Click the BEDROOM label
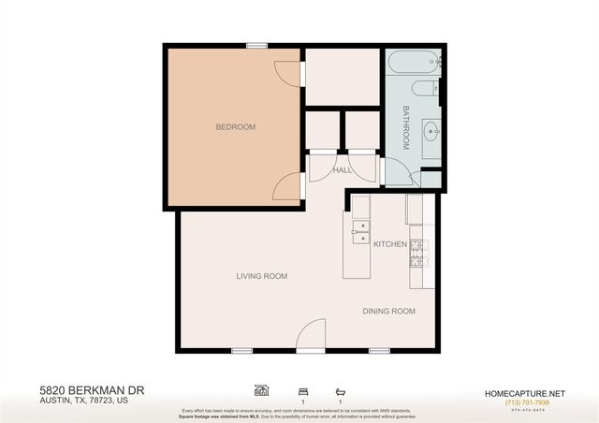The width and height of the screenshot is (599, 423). coord(235,127)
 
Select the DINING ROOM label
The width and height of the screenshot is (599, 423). coord(388,311)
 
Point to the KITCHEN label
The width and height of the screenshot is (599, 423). coord(389,244)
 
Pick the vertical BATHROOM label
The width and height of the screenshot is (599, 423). coord(406,128)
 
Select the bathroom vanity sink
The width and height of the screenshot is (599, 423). coord(431,130)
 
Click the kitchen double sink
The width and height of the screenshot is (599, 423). coord(359,231)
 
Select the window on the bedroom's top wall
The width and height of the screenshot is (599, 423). coord(256,45)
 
